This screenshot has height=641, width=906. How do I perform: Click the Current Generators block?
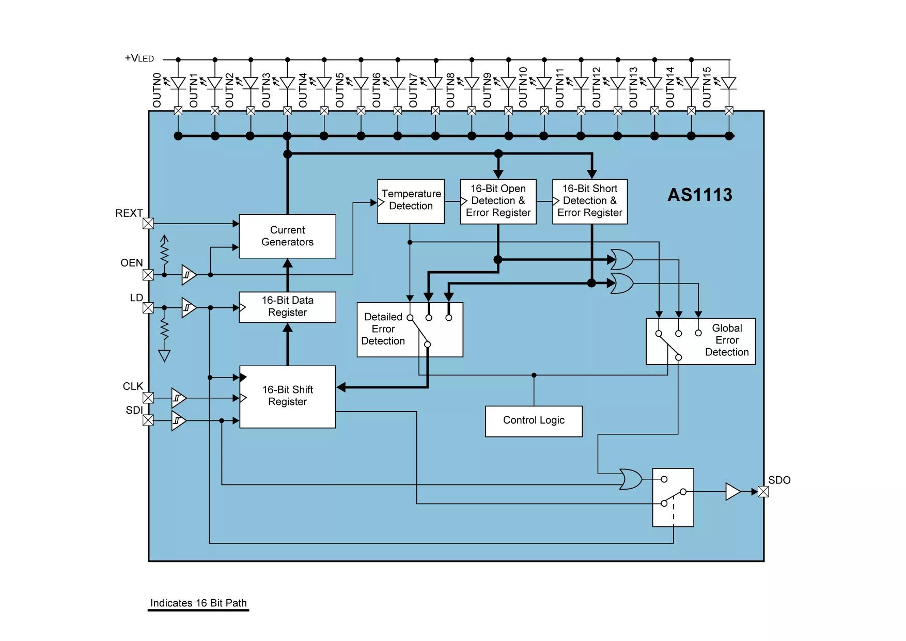pyautogui.click(x=287, y=236)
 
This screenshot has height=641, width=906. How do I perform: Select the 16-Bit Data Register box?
pyautogui.click(x=287, y=307)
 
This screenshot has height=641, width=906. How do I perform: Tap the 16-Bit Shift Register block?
pyautogui.click(x=288, y=397)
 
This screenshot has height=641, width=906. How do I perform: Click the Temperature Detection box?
pyautogui.click(x=411, y=201)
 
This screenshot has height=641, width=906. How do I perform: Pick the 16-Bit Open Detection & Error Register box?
pyautogui.click(x=498, y=201)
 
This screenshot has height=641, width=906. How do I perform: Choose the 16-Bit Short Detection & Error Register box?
pyautogui.click(x=590, y=201)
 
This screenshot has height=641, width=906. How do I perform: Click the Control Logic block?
pyautogui.click(x=534, y=421)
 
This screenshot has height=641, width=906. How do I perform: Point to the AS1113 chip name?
pyautogui.click(x=700, y=195)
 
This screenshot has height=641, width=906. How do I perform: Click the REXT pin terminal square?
pyautogui.click(x=148, y=224)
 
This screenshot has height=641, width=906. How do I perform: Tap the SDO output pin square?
pyautogui.click(x=763, y=492)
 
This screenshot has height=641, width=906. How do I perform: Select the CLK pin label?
pyautogui.click(x=133, y=386)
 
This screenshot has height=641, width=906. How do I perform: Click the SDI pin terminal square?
pyautogui.click(x=148, y=420)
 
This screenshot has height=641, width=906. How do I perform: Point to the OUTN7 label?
pyautogui.click(x=413, y=90)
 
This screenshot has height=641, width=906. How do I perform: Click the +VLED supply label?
pyautogui.click(x=139, y=58)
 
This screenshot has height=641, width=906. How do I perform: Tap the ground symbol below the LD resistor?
pyautogui.click(x=164, y=356)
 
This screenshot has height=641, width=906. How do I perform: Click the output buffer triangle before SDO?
pyautogui.click(x=732, y=492)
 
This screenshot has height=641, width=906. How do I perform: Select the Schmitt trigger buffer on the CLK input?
pyautogui.click(x=179, y=398)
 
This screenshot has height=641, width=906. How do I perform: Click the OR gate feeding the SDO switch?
pyautogui.click(x=631, y=479)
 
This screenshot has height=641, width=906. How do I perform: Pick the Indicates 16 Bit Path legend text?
pyautogui.click(x=198, y=603)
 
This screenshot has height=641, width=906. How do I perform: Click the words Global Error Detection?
pyautogui.click(x=727, y=340)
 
